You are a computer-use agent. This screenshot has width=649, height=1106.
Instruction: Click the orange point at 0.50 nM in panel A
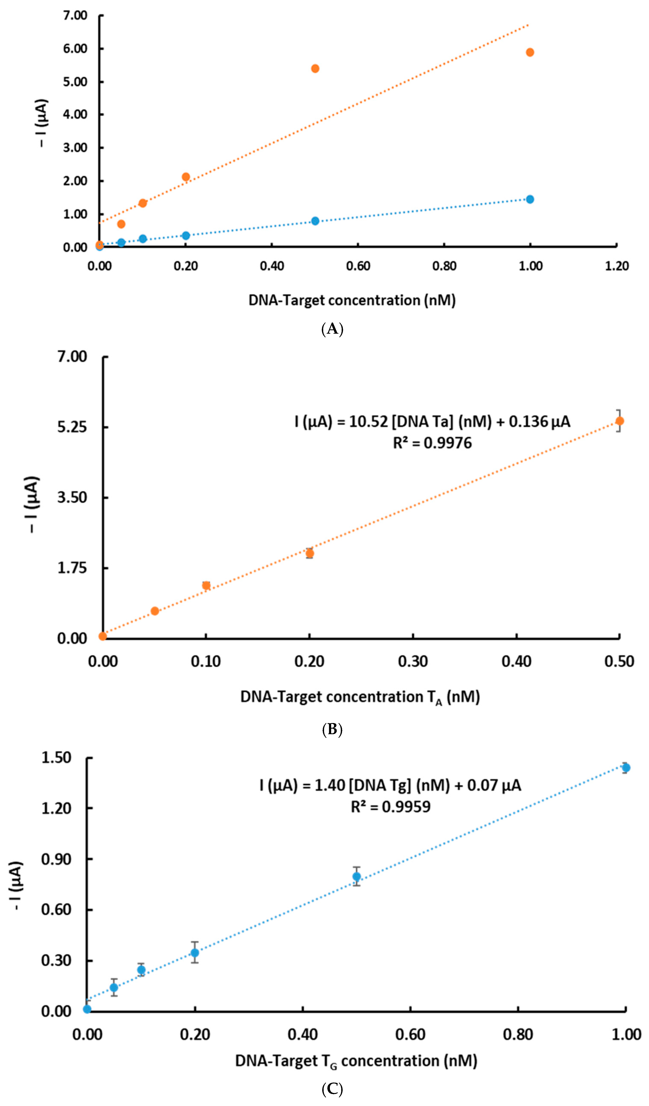click(315, 68)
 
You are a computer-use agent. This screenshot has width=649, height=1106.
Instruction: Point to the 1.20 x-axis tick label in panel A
click(616, 266)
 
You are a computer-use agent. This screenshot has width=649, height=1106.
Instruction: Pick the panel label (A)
click(332, 329)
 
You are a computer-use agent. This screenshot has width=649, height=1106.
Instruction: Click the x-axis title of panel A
click(352, 300)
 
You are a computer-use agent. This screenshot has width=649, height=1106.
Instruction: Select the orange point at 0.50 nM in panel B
click(619, 421)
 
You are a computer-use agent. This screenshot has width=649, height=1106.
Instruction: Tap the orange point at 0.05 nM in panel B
click(155, 611)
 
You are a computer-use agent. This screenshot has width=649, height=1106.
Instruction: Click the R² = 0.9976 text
click(432, 443)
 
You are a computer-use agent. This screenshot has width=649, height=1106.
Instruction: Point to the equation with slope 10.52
click(432, 422)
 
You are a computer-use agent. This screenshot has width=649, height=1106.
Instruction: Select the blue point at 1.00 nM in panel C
click(626, 768)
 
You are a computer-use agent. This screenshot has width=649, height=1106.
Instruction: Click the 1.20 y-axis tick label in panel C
click(56, 808)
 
